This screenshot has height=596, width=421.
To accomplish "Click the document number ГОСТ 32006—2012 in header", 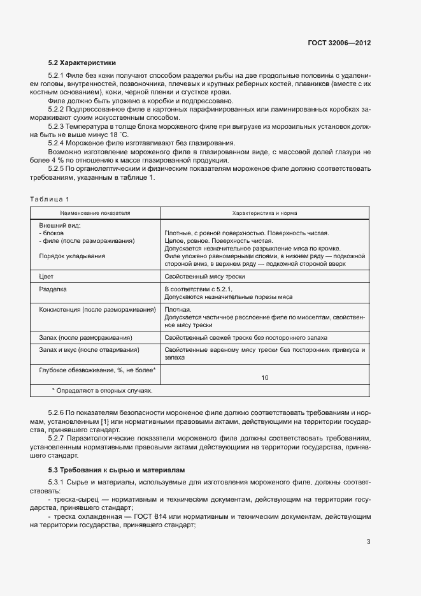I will (x=338, y=43).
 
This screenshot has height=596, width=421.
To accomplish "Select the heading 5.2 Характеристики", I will (x=82, y=63).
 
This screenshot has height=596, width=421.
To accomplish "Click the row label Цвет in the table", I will (x=46, y=276).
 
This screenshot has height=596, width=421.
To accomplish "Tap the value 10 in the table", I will (x=264, y=377).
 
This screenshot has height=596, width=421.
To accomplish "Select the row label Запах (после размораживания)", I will (x=85, y=337).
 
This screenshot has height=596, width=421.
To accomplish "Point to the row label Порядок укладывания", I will (x=72, y=256).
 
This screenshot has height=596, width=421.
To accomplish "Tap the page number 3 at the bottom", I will (x=369, y=542).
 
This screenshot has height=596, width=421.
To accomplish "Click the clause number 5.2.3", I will (x=58, y=126).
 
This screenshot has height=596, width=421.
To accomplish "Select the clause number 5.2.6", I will (x=58, y=414).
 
